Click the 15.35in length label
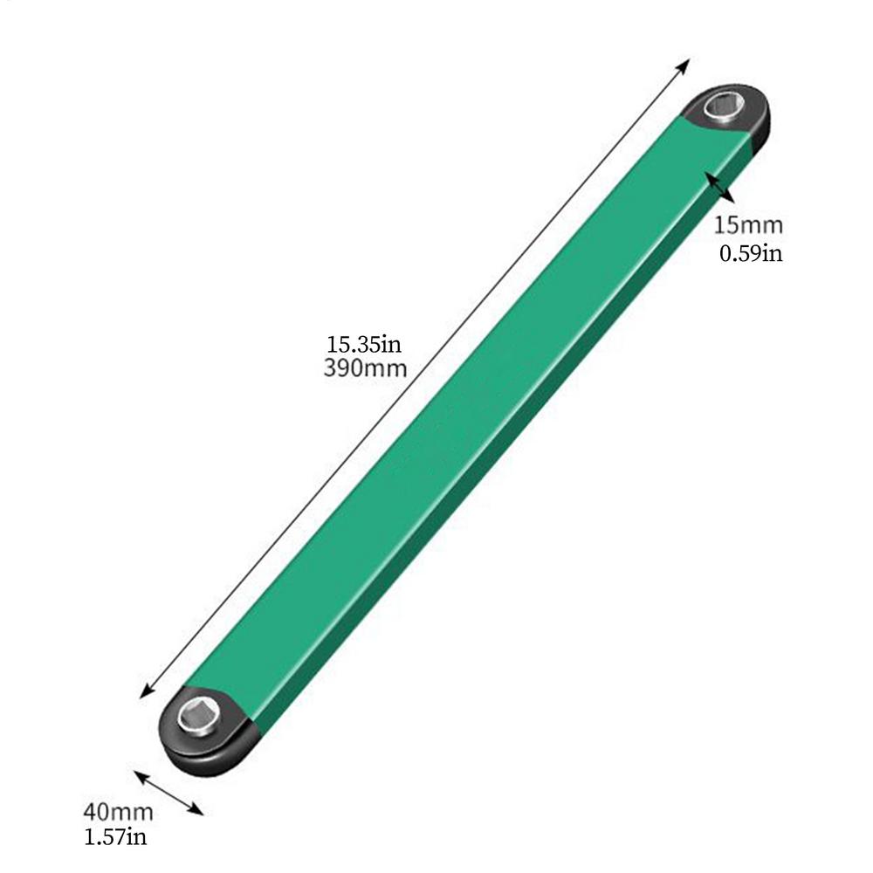364,341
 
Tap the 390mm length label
365,368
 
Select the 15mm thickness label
748,225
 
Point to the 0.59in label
750,254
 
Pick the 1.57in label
115,838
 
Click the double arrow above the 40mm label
168,793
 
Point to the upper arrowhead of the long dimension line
684,65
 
